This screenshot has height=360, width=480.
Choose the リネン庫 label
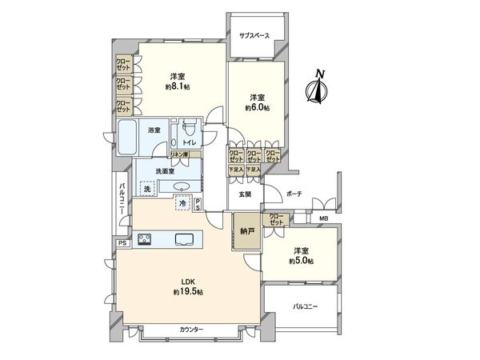point(180,154)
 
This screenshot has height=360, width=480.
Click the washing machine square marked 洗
point(148,190)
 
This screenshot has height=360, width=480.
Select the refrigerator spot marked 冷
point(182,203)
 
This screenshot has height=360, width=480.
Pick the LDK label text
point(186,281)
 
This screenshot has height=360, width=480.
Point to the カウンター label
point(190,330)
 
